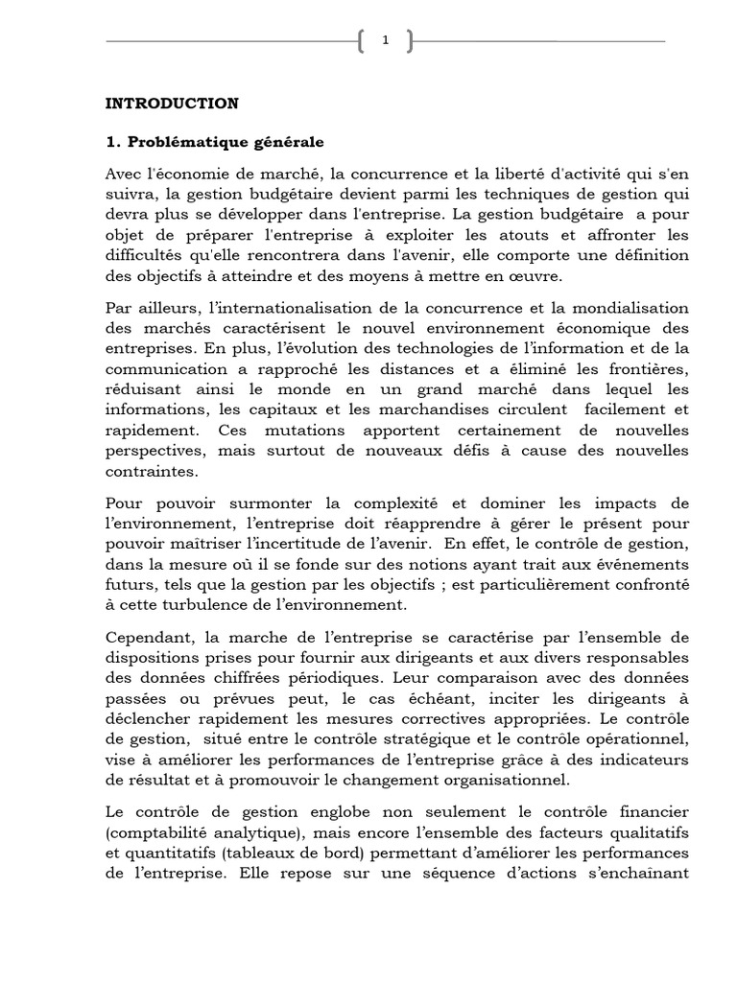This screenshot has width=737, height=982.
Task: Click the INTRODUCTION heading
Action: pos(172,103)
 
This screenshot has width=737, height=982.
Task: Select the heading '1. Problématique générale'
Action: pos(215,142)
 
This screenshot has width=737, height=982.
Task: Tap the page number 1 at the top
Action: pos(385,40)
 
